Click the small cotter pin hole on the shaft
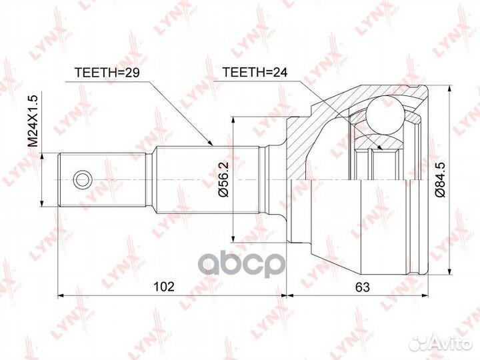[x=81, y=179]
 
